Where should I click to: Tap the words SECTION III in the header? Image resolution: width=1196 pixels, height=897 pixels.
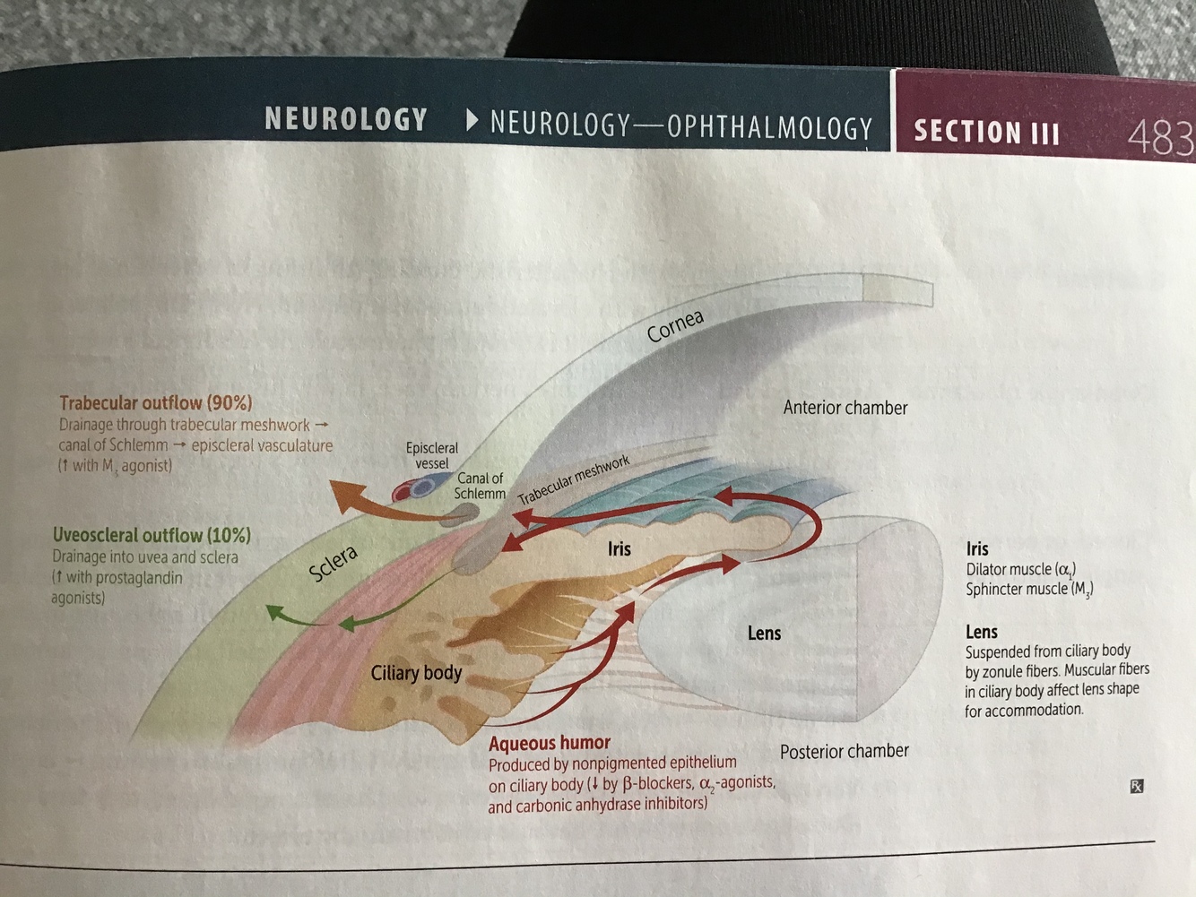click(x=986, y=133)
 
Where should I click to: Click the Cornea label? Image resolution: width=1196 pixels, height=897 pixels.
click(x=675, y=325)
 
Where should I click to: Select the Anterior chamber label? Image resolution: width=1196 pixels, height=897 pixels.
click(x=845, y=408)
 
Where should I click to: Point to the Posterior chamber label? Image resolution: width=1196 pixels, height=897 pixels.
click(x=844, y=751)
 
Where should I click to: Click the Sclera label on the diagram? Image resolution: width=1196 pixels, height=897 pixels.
click(x=334, y=564)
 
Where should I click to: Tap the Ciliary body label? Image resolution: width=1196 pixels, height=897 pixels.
click(x=416, y=673)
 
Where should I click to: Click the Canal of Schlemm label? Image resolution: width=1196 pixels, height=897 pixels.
click(x=480, y=486)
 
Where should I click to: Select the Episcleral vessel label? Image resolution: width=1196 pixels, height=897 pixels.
click(x=431, y=455)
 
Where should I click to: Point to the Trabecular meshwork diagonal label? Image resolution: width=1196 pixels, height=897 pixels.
click(x=574, y=479)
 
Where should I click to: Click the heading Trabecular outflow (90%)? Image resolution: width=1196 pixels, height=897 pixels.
click(x=156, y=403)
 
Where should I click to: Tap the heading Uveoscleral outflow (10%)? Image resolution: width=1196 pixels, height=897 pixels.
click(x=152, y=535)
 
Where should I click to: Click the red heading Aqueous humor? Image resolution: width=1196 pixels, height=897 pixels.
click(x=549, y=743)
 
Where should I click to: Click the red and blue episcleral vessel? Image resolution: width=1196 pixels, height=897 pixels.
click(x=413, y=488)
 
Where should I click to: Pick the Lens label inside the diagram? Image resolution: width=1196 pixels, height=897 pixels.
click(x=764, y=633)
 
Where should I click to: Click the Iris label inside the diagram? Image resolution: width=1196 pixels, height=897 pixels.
click(x=619, y=548)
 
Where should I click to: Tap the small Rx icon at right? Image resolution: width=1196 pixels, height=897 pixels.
click(x=1136, y=786)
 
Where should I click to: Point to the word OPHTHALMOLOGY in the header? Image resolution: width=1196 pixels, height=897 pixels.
click(x=769, y=128)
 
